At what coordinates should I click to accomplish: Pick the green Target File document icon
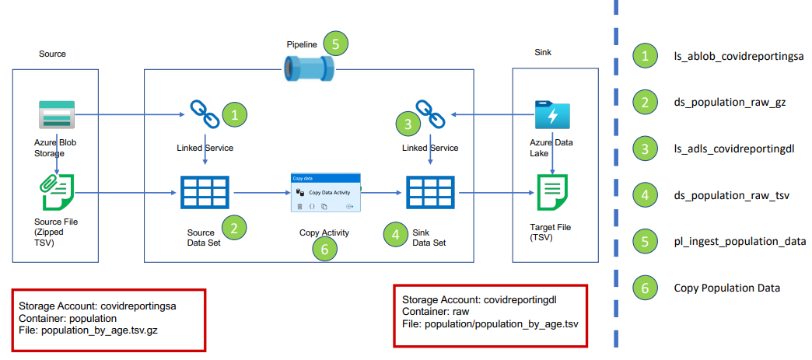(x=552, y=193)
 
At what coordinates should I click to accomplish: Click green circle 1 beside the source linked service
(x=235, y=116)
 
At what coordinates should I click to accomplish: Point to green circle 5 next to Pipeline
(x=335, y=44)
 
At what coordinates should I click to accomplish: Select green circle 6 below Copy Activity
(x=324, y=249)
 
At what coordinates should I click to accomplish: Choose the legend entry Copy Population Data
(x=726, y=288)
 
